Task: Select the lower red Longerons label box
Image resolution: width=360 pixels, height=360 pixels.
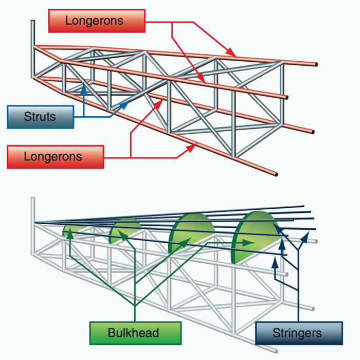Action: tap(56, 156)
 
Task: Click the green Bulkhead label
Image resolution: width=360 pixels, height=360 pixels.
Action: tap(135, 332)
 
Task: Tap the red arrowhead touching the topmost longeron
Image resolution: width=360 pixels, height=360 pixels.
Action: tap(233, 53)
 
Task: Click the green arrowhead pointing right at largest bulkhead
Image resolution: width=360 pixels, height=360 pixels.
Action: tap(250, 242)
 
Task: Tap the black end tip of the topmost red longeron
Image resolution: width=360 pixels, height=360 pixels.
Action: tap(315, 65)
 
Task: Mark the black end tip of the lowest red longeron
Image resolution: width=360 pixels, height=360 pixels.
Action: tap(277, 175)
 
